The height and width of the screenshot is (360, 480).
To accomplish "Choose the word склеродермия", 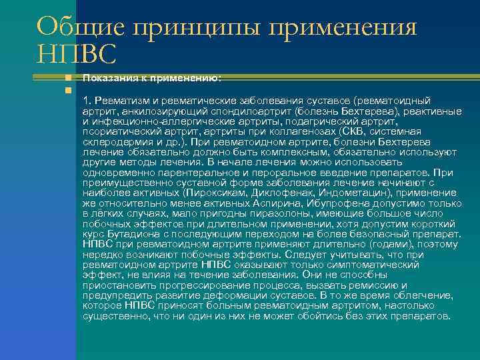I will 118,142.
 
